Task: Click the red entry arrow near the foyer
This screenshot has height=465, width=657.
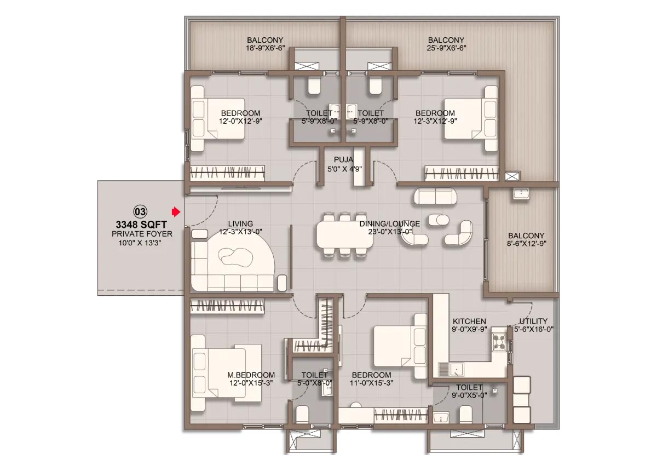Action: coord(176,211)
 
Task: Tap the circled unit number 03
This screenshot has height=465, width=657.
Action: coord(140,211)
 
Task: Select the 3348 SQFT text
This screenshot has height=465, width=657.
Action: coord(141,225)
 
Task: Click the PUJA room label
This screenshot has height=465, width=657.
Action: coord(343,160)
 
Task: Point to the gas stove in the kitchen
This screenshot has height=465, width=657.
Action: coord(500,342)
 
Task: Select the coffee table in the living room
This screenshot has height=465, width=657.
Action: coord(235,257)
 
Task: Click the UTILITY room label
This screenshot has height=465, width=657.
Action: coord(533,322)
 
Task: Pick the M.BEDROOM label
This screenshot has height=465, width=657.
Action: coord(251,375)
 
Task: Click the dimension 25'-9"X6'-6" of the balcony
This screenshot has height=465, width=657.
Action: coord(446,48)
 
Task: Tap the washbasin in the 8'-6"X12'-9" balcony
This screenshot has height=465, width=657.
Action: coord(521,194)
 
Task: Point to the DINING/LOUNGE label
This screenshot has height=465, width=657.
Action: coord(389,224)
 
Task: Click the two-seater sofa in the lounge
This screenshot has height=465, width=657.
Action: coord(435,196)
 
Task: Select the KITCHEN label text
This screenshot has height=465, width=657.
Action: coord(469,322)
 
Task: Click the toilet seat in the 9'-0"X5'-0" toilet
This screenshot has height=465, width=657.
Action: coord(465,414)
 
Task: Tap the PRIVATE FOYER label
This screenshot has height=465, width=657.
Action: coord(142,234)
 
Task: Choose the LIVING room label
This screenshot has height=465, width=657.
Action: coord(240,224)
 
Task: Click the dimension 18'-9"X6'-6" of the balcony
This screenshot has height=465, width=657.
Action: coord(266,48)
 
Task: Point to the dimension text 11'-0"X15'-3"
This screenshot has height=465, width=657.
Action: coord(371,383)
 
